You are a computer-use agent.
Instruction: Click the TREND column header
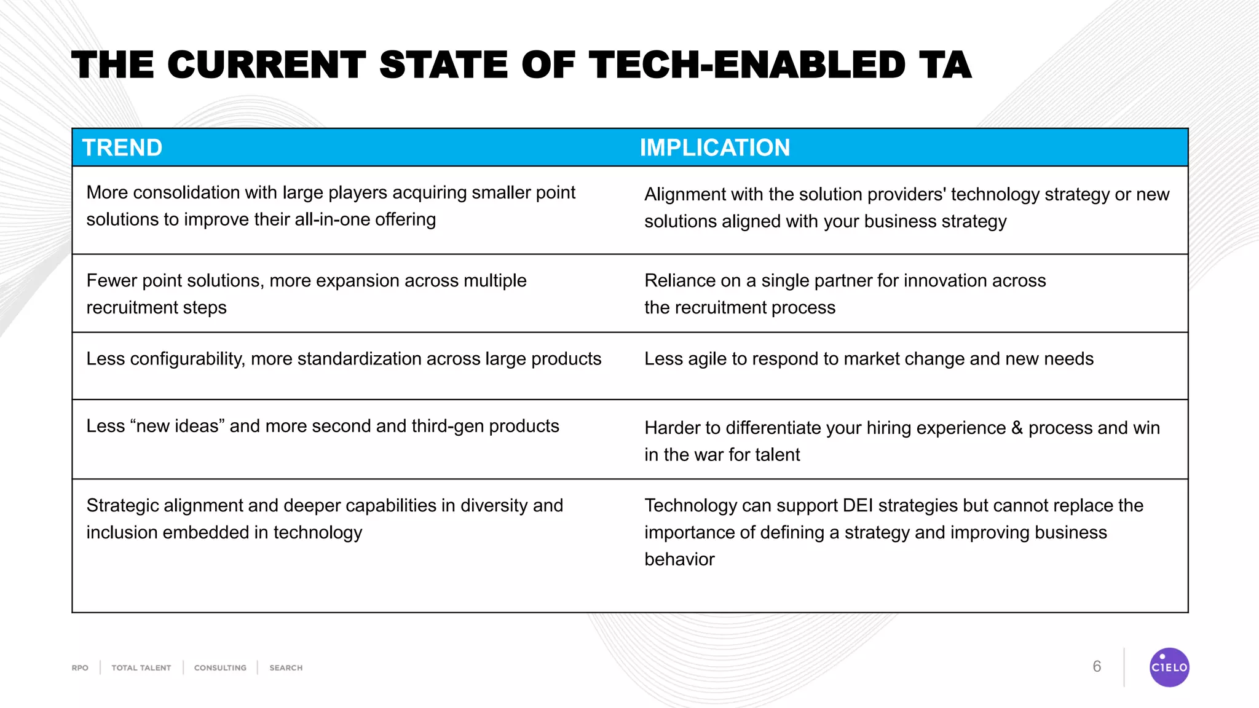(122, 148)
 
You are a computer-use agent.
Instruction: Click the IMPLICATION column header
(714, 148)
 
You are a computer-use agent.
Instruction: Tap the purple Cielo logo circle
(1169, 667)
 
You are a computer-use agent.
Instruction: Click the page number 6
(1097, 667)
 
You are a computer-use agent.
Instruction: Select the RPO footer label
(80, 668)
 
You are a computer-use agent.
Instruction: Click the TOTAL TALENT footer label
(141, 668)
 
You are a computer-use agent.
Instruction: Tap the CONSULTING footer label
(220, 668)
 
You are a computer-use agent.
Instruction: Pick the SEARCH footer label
(286, 668)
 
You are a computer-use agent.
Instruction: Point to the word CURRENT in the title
(266, 66)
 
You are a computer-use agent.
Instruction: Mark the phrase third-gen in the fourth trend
(448, 427)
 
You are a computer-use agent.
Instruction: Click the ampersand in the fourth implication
(1017, 428)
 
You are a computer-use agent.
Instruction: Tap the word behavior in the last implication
(679, 559)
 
